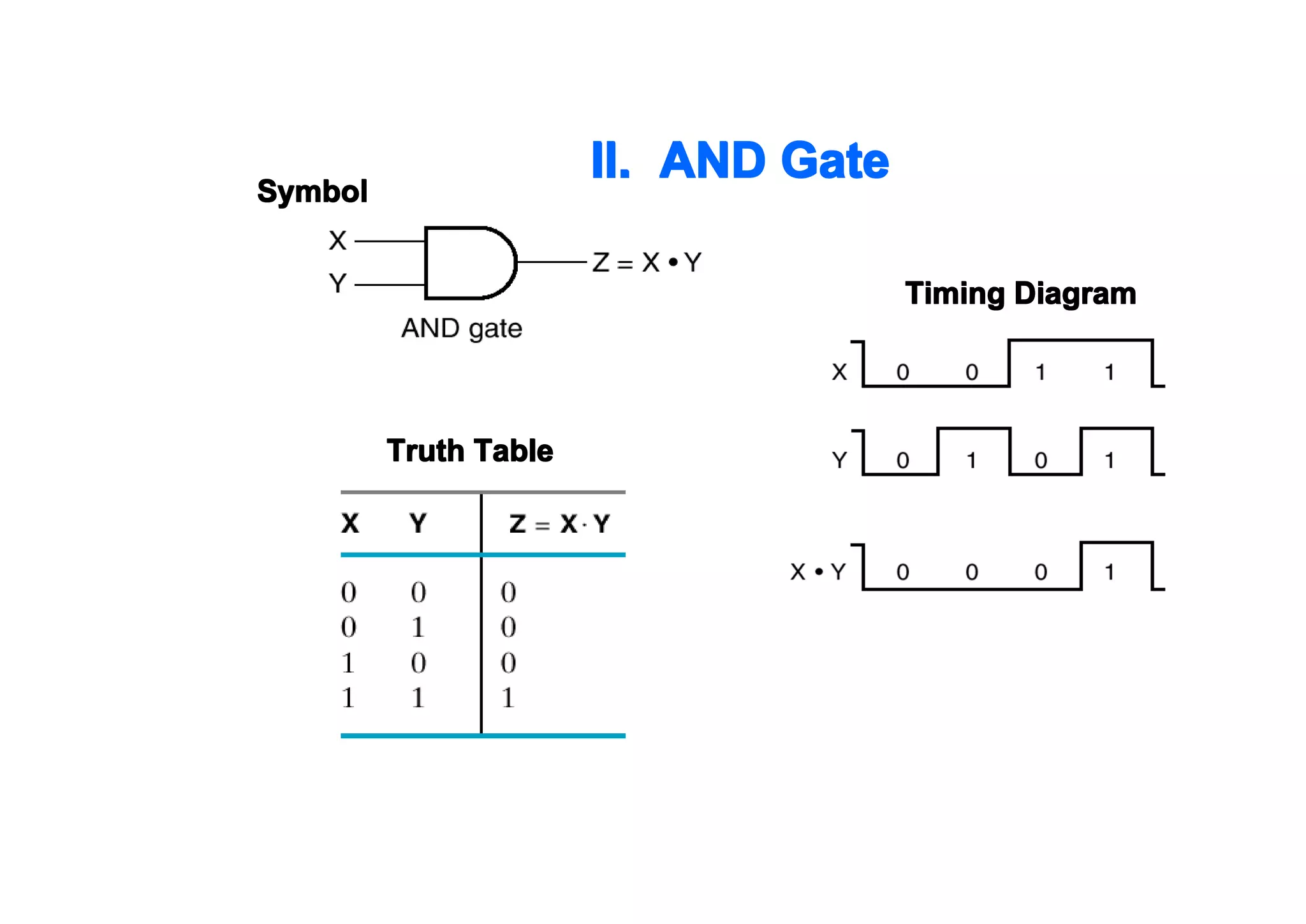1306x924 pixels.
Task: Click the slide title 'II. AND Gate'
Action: coord(740,160)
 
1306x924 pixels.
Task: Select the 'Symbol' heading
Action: coord(312,191)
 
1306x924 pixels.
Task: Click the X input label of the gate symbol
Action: coord(337,241)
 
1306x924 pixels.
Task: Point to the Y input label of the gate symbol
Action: coord(337,283)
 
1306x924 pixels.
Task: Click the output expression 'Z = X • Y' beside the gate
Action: coord(647,262)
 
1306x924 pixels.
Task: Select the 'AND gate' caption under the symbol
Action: coord(462,329)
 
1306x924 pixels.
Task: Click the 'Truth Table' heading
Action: coord(470,451)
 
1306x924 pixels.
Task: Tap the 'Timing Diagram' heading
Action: coord(1020,294)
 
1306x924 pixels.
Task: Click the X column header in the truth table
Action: coord(350,523)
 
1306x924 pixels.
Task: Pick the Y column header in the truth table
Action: coord(418,523)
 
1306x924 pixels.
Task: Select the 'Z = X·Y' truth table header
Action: coord(559,524)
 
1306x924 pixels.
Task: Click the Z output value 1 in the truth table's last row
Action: coord(508,697)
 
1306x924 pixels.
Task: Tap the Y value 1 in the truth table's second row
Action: coord(418,627)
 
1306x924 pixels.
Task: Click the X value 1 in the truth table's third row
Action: coord(348,663)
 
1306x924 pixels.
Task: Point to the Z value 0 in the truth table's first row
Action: coord(508,592)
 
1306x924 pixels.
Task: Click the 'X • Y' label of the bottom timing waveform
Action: coord(818,571)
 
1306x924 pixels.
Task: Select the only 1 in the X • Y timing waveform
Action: coord(1110,572)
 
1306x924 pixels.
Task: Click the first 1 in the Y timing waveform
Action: coord(971,460)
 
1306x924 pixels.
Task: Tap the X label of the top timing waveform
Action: coord(839,372)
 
